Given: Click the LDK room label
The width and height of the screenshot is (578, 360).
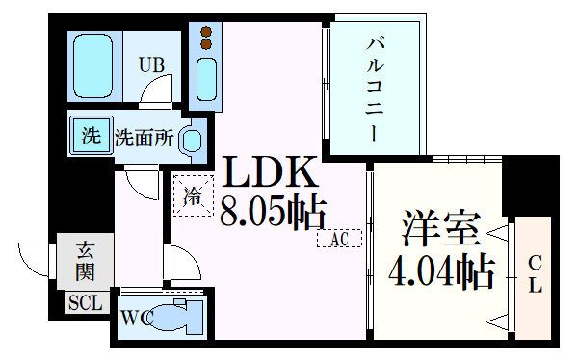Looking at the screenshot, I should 271,173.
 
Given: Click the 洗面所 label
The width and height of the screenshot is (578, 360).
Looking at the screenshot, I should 144,138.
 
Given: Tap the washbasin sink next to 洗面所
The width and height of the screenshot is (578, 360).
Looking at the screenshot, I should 191,141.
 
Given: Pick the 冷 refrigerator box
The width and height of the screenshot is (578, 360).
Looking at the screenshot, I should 193,197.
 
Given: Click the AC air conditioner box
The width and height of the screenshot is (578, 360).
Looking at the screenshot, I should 339,238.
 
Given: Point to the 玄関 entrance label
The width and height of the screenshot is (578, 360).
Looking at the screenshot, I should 85,262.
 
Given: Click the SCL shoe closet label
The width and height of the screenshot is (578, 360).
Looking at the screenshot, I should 83,302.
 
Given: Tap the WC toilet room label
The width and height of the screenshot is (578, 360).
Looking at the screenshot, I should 136,316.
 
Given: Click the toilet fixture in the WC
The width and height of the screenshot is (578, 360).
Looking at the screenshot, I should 180,315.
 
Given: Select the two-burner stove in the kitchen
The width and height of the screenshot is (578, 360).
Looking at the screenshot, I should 205,37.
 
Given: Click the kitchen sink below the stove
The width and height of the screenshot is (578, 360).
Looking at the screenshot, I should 206,74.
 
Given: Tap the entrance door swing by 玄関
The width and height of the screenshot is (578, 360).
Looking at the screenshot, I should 37,262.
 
